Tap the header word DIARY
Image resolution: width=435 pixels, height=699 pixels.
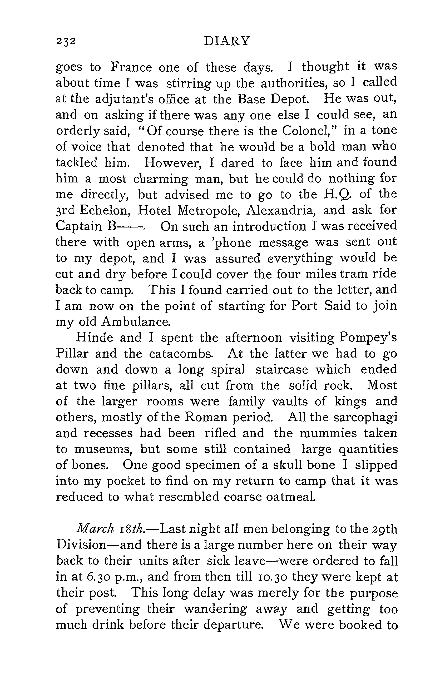(x=227, y=41)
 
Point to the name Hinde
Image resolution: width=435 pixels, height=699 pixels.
(x=94, y=338)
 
